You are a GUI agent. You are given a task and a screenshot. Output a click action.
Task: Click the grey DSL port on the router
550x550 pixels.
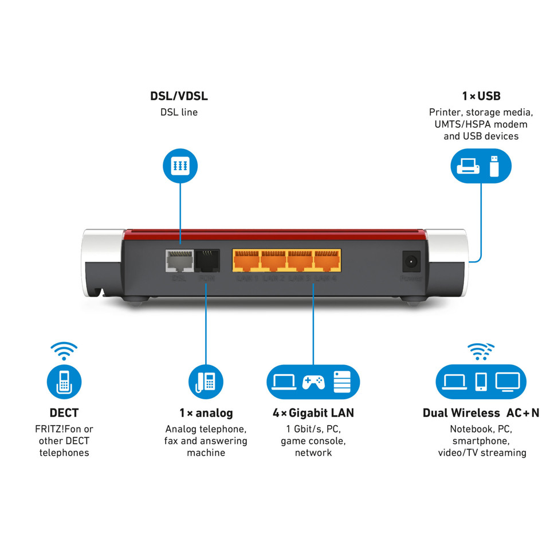179,261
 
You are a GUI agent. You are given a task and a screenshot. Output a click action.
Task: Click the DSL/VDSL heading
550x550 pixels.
179,96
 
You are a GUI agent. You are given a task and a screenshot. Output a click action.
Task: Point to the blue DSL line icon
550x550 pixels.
180,166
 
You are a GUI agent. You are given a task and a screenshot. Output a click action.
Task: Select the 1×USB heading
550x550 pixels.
481,96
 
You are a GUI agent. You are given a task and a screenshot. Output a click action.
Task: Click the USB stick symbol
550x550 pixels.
494,166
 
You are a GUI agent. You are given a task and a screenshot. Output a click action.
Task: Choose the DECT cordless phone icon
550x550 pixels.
64,382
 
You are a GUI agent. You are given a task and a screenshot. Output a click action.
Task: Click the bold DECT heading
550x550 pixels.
64,412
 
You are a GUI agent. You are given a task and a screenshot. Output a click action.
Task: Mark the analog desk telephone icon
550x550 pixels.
206,382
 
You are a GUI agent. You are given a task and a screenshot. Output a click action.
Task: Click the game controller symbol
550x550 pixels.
313,382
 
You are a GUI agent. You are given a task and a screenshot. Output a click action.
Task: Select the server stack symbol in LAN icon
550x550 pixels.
341,382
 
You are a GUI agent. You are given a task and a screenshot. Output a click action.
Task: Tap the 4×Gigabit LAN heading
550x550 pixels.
313,412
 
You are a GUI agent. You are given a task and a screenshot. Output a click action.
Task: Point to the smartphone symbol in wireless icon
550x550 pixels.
481,382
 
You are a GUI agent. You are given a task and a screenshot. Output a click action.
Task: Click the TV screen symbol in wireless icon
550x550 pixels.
507,381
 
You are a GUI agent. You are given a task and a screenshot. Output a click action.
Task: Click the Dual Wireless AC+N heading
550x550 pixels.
481,412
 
